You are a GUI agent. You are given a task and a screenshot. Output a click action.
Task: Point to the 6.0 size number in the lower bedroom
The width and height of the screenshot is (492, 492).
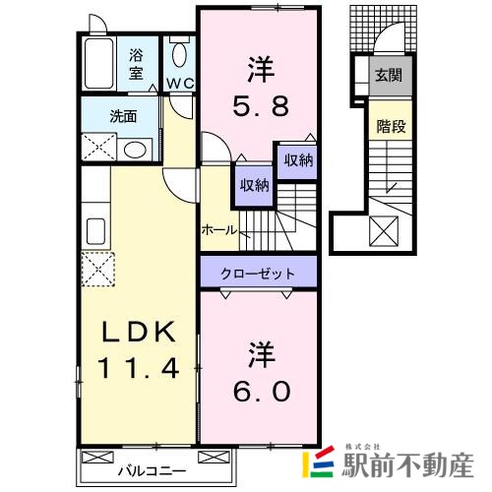pyautogui.click(x=262, y=391)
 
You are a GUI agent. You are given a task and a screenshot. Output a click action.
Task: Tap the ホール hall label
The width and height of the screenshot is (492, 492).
pyautogui.click(x=218, y=230)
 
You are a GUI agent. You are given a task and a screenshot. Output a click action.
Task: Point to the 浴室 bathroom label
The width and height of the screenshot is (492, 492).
pyautogui.click(x=136, y=65)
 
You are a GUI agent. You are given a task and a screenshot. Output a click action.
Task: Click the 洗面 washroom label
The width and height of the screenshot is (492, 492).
pyautogui.click(x=123, y=114)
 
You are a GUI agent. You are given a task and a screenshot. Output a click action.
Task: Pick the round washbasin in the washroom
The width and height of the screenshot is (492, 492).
pyautogui.click(x=136, y=149)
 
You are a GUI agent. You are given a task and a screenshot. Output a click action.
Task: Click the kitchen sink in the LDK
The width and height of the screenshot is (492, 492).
pyautogui.click(x=96, y=231)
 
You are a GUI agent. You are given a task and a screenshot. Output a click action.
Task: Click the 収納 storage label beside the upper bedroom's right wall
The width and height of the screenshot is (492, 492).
pyautogui.click(x=298, y=161)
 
